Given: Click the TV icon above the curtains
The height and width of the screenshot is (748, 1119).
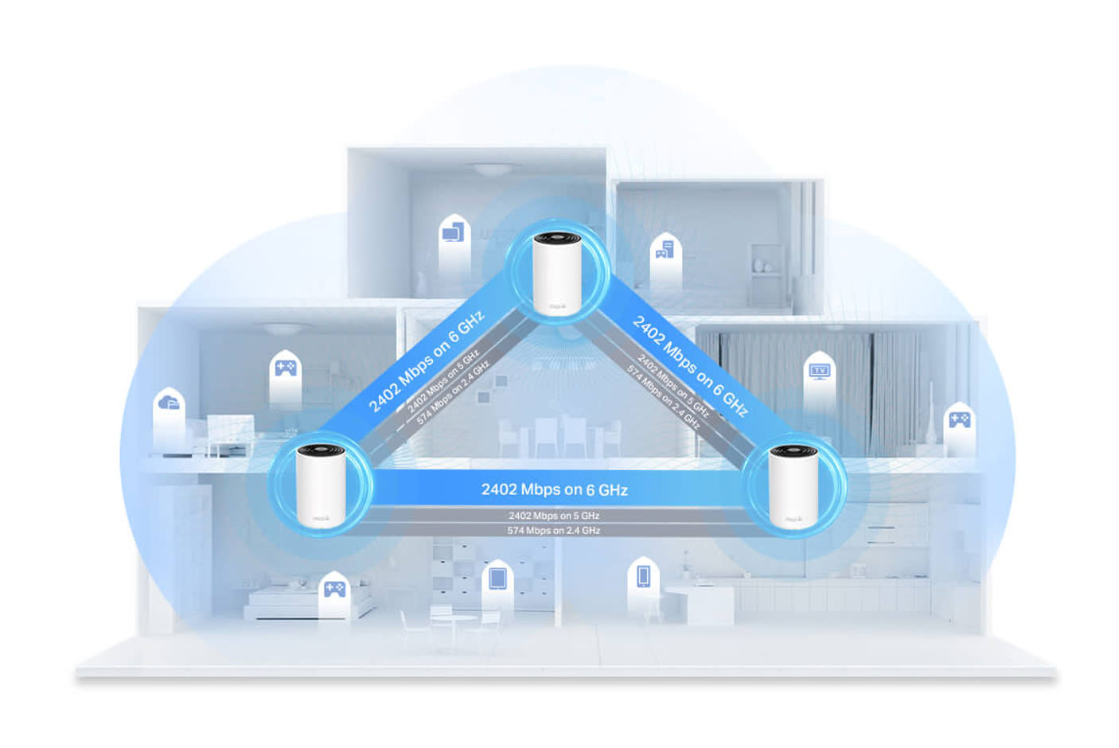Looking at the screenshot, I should coord(818,372).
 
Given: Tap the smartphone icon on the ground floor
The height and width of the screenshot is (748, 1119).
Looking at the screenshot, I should coord(643,575).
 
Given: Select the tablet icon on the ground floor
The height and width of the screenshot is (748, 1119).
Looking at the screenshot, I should coord(497,577).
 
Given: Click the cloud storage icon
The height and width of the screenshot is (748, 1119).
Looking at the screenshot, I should coord(169,403).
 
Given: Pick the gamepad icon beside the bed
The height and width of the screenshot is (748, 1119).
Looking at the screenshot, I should coord(333,589).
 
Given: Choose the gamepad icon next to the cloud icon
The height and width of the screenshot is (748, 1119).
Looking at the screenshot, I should coord(285,368).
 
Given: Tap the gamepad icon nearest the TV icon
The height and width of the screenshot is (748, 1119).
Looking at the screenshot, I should coord(959,419).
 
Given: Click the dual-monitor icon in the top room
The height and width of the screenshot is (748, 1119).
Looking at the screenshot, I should coord(452,232).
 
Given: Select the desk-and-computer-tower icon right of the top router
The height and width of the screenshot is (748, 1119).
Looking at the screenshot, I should coord(664,251).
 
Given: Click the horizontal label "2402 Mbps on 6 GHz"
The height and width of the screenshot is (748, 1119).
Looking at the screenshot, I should coord(554,489).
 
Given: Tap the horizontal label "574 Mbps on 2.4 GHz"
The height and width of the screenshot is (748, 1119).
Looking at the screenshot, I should coord(554,530).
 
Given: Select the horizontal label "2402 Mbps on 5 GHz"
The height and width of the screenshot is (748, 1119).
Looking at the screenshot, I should coord(554,516).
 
